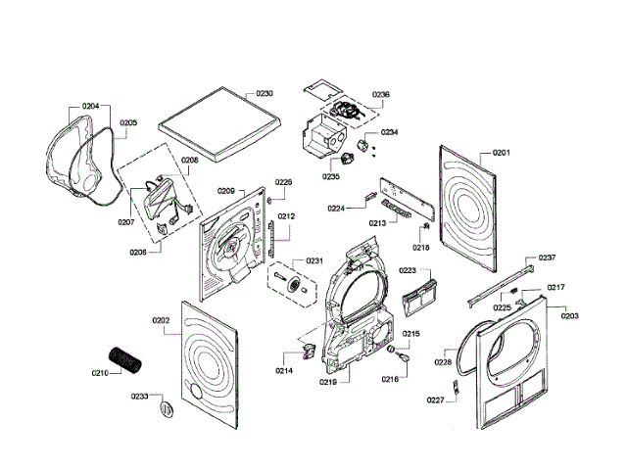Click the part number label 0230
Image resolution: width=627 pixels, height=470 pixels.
(265, 93)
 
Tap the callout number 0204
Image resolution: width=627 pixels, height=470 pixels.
(90, 105)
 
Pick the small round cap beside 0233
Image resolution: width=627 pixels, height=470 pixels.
(165, 405)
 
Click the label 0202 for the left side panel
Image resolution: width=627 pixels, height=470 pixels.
(163, 320)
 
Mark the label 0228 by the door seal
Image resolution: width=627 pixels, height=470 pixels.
(443, 362)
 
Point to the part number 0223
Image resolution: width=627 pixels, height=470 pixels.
(408, 270)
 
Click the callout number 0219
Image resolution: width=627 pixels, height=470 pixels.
(327, 382)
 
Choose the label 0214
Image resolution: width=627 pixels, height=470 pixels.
(284, 371)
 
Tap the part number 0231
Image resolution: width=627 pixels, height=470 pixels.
(314, 260)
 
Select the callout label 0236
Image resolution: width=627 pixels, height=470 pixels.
(381, 94)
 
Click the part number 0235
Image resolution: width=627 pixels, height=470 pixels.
(330, 176)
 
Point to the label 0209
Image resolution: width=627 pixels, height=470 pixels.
(224, 191)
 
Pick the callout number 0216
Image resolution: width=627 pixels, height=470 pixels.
(390, 378)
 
